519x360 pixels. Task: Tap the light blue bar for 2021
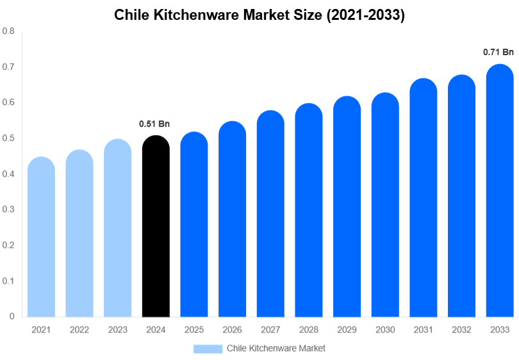(x=41, y=236)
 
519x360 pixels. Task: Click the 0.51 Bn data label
(x=154, y=124)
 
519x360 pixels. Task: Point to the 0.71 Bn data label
(x=498, y=52)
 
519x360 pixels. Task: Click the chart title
(x=259, y=15)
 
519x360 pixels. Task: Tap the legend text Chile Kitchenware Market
(x=276, y=348)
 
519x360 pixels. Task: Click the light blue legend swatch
(x=208, y=348)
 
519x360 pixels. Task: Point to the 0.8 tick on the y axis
(x=8, y=31)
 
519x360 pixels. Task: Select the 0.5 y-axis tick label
(x=8, y=138)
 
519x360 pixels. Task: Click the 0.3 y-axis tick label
(x=8, y=209)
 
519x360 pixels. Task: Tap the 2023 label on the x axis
(x=118, y=330)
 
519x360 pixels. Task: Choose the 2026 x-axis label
(x=232, y=330)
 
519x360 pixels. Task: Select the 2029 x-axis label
(x=347, y=330)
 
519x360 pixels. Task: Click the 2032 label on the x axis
(x=461, y=330)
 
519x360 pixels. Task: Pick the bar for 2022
(x=79, y=233)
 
